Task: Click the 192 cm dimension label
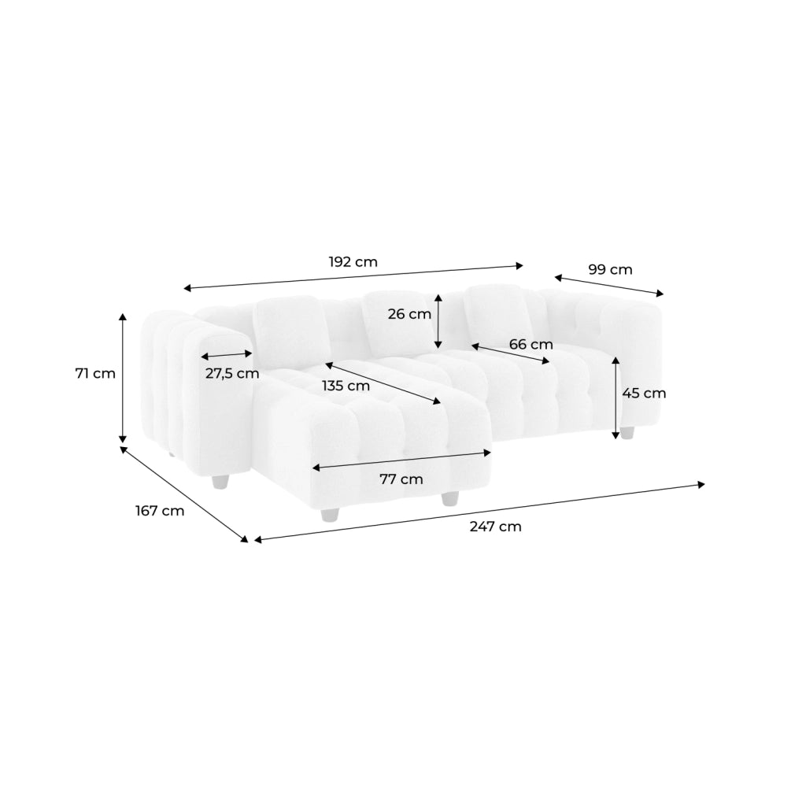[353, 262]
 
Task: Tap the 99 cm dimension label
[610, 269]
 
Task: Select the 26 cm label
[409, 313]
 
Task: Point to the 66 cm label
[531, 344]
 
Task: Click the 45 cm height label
[644, 394]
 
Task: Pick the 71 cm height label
[95, 373]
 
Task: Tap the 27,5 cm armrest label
[232, 374]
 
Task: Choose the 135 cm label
[346, 386]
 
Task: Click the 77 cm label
[401, 479]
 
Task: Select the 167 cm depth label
[160, 511]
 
